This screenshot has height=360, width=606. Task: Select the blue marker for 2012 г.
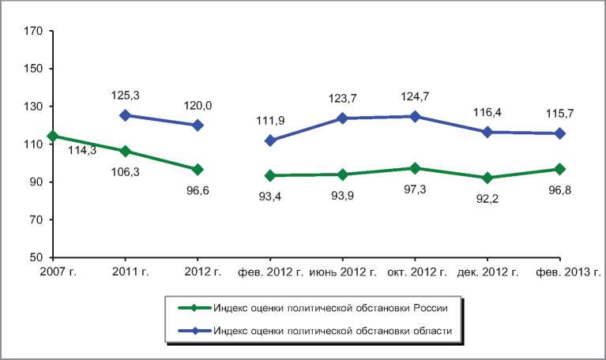[x=198, y=126]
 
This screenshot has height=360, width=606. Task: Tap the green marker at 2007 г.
[x=53, y=136]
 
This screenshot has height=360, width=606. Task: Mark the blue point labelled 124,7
[x=415, y=116]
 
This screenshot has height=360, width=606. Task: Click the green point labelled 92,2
[x=487, y=178]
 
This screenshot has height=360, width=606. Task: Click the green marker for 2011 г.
[x=125, y=151]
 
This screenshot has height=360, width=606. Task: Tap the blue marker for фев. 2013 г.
[x=559, y=133]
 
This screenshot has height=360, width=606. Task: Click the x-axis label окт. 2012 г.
[x=416, y=272]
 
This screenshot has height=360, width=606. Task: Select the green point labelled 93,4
[x=270, y=175]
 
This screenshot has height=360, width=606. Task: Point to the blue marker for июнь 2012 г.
[x=343, y=118]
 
